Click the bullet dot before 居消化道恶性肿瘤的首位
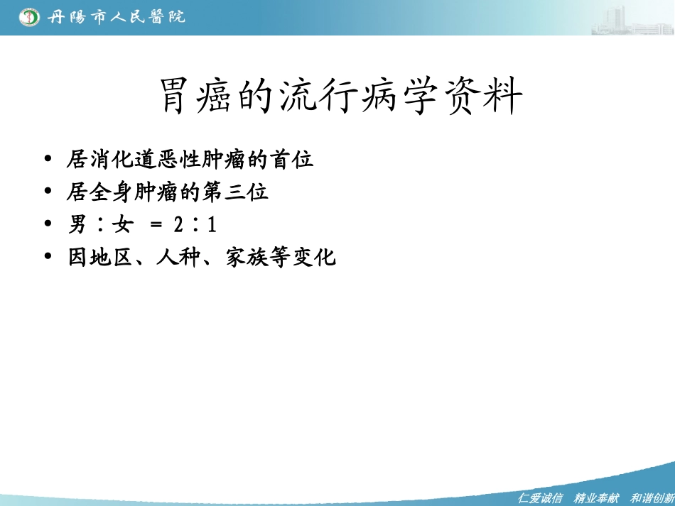tap(48, 160)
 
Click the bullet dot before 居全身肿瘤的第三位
tap(48, 192)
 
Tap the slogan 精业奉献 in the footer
tap(597, 498)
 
